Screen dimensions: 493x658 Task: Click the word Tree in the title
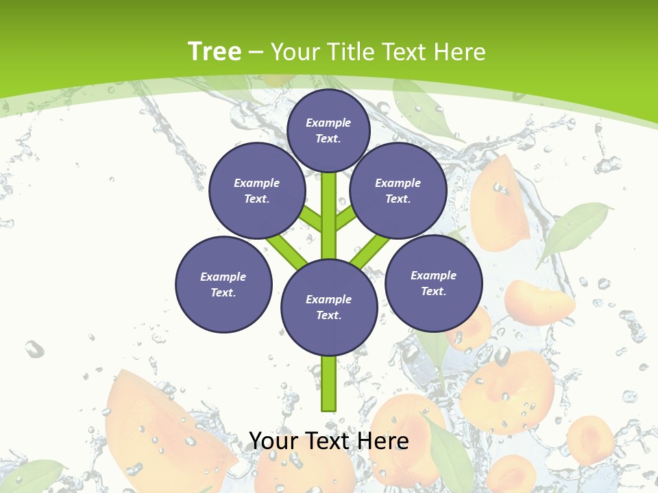click(x=215, y=52)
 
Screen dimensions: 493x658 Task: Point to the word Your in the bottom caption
click(x=272, y=441)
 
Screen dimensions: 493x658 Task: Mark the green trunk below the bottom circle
click(x=329, y=383)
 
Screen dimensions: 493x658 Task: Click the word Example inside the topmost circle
click(x=328, y=123)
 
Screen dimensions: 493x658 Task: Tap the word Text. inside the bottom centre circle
click(x=328, y=316)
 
